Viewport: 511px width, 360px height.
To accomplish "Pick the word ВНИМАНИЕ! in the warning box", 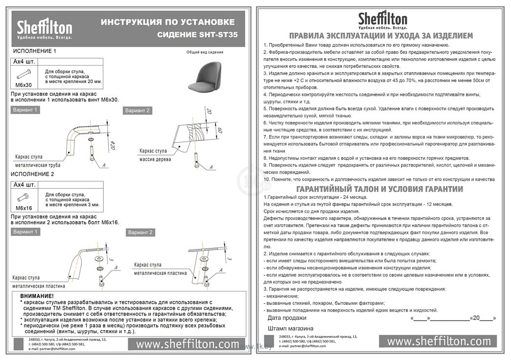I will [37, 296].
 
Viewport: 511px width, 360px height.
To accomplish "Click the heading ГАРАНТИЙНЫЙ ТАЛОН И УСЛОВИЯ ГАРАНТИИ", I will [379, 189].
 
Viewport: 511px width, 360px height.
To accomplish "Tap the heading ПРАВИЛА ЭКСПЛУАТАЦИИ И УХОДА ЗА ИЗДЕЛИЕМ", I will [381, 36].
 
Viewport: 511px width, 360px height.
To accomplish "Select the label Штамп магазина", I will [291, 328].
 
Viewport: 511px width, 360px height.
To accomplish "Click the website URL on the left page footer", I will [187, 344].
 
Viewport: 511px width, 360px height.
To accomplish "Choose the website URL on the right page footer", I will [439, 341].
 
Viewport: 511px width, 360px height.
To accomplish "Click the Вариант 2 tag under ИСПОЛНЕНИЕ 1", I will [138, 111].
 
